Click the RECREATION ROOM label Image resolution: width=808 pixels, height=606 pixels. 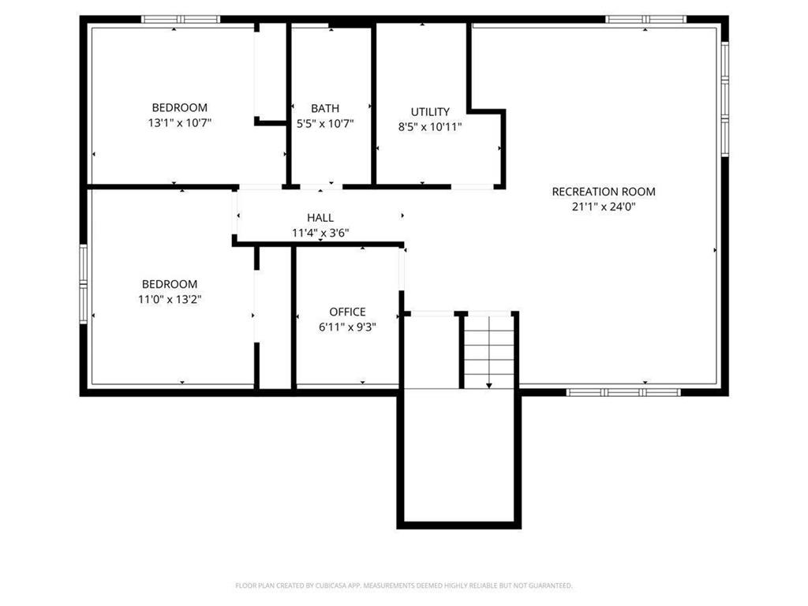603,191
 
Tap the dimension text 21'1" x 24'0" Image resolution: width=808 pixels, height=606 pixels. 603,207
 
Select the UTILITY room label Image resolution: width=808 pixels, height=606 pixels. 430,111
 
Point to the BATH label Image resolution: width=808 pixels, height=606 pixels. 325,108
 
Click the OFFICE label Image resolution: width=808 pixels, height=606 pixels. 347,312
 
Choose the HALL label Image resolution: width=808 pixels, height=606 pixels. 320,217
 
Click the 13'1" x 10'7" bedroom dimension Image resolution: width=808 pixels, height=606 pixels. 180,123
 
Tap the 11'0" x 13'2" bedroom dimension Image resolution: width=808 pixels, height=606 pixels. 170,299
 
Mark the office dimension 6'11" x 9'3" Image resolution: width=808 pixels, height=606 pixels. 347,327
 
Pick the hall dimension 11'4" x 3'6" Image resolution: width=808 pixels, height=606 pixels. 320,232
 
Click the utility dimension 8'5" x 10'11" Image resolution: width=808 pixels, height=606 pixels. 430,126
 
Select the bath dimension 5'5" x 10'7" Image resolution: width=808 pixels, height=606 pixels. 325,123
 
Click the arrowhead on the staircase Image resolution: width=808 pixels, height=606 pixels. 489,385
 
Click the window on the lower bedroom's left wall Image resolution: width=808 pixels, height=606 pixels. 83,273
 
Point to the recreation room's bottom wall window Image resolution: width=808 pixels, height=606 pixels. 623,391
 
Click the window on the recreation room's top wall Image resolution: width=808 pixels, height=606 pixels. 645,19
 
